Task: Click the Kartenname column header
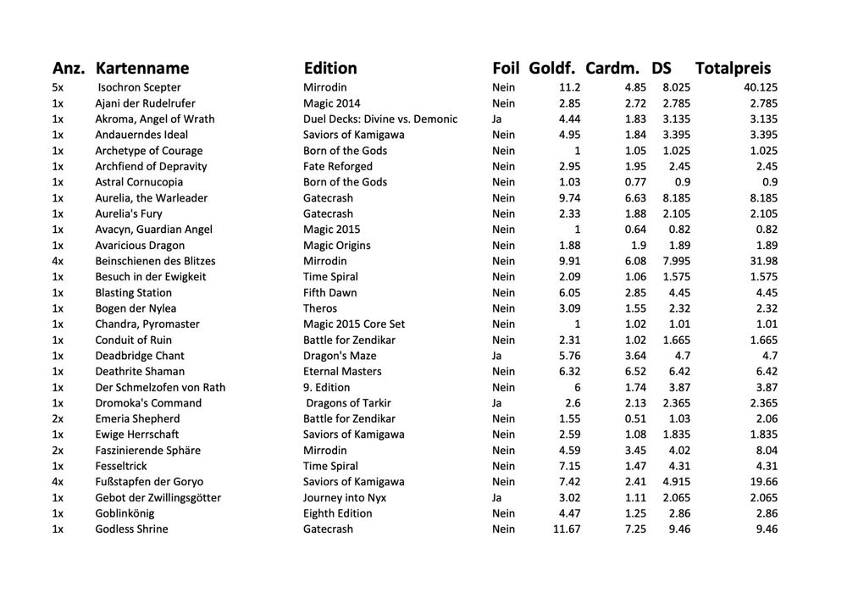(142, 68)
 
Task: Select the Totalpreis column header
(733, 68)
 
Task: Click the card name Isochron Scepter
(139, 87)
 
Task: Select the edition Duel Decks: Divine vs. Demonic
(380, 119)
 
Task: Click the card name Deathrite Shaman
(140, 371)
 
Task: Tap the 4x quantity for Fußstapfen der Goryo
(58, 481)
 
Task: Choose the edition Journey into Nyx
(345, 497)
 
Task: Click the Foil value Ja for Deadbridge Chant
(496, 356)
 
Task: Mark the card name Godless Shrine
(131, 529)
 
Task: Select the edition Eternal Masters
(343, 371)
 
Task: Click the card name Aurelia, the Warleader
(151, 197)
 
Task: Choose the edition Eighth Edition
(337, 512)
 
